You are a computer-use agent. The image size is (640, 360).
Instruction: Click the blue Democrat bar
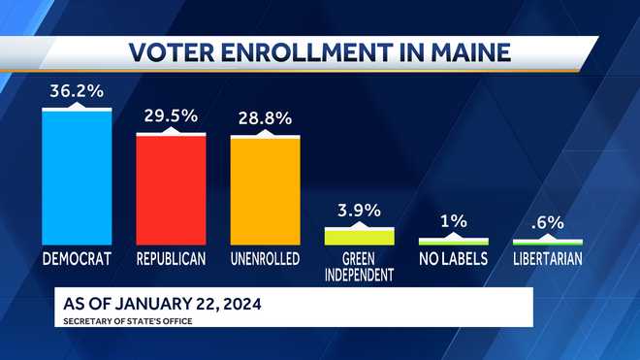[x=77, y=177]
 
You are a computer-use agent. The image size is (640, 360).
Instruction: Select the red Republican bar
[x=171, y=189]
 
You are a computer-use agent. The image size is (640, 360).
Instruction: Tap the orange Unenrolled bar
[x=265, y=190]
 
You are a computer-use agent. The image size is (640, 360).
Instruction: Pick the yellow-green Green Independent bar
[x=359, y=236]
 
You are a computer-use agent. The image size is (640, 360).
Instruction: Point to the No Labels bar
[x=453, y=241]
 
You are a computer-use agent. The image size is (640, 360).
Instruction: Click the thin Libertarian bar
[x=547, y=242]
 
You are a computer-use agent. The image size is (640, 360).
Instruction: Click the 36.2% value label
[x=76, y=93]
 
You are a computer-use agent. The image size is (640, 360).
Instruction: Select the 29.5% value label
[x=171, y=115]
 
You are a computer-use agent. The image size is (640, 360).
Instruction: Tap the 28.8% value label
[x=265, y=117]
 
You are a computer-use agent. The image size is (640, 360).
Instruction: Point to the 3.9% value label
[x=359, y=210]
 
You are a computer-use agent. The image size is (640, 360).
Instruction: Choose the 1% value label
[x=453, y=221]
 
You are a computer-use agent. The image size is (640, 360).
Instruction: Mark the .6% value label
[x=547, y=222]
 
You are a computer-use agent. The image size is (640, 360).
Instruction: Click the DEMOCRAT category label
[x=77, y=259]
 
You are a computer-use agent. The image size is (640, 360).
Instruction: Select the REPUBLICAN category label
[x=171, y=259]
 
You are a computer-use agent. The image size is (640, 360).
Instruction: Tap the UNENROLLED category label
[x=265, y=259]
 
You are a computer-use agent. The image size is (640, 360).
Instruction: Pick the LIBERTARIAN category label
[x=547, y=259]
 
